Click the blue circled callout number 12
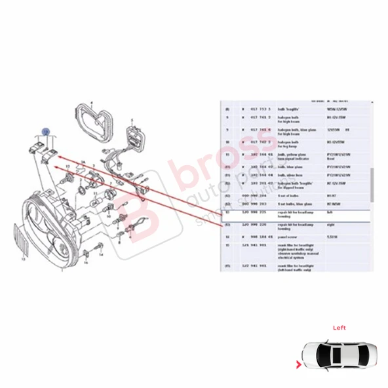tap(45, 132)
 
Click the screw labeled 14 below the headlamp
tap(98, 248)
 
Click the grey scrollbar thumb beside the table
tap(373, 184)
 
